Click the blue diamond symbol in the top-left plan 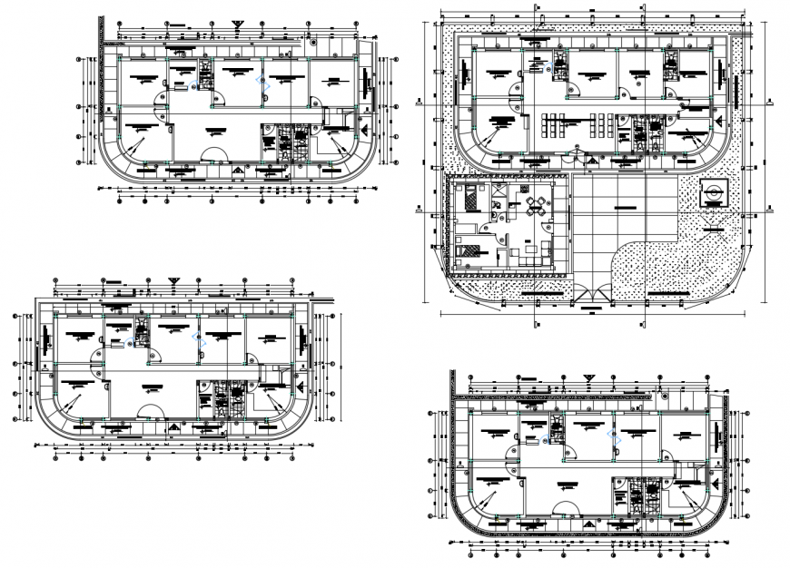click(x=265, y=83)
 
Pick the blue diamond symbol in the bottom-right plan click(x=611, y=436)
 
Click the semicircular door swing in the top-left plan click(x=212, y=154)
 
